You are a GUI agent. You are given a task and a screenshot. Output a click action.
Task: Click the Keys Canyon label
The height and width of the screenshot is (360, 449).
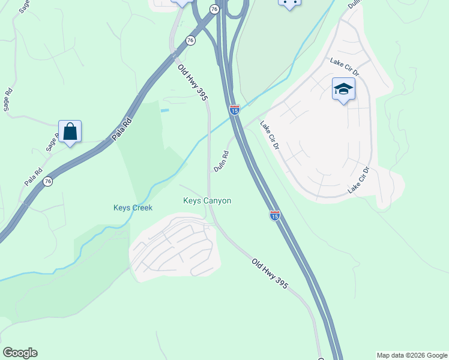[x=207, y=201]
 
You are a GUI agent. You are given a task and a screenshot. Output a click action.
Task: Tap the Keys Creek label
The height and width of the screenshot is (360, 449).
[x=133, y=208]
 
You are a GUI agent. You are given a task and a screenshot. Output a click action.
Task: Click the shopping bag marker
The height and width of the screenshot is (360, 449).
[x=70, y=131]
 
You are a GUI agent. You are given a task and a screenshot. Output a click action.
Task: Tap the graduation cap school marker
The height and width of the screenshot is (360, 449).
[x=343, y=89]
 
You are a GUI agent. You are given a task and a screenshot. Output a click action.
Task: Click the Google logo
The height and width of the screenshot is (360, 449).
[x=20, y=353]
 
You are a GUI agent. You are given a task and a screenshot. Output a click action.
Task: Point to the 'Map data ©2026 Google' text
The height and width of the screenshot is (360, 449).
[x=412, y=355]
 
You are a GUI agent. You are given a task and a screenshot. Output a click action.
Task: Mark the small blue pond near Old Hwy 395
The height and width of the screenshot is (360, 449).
[x=164, y=110]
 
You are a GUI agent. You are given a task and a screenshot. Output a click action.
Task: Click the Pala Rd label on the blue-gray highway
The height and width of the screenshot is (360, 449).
[x=122, y=129]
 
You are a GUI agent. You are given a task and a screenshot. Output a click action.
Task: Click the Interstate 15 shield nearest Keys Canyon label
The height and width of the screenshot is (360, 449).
[x=274, y=215]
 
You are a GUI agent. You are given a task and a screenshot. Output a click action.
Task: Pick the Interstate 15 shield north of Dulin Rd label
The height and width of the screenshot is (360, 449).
[x=234, y=110]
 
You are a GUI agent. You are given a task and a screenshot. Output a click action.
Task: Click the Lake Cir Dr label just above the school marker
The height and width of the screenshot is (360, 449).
[x=345, y=66]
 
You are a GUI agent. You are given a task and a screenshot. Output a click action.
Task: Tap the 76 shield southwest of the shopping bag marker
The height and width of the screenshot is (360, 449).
[x=48, y=182]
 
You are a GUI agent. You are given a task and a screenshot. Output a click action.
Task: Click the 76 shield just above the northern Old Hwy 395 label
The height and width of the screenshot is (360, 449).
[x=190, y=40]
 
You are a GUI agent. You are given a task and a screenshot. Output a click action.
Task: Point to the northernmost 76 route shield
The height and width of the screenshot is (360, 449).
[x=214, y=8]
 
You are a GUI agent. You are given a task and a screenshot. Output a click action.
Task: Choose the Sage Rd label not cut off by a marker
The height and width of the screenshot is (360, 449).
[x=8, y=100]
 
